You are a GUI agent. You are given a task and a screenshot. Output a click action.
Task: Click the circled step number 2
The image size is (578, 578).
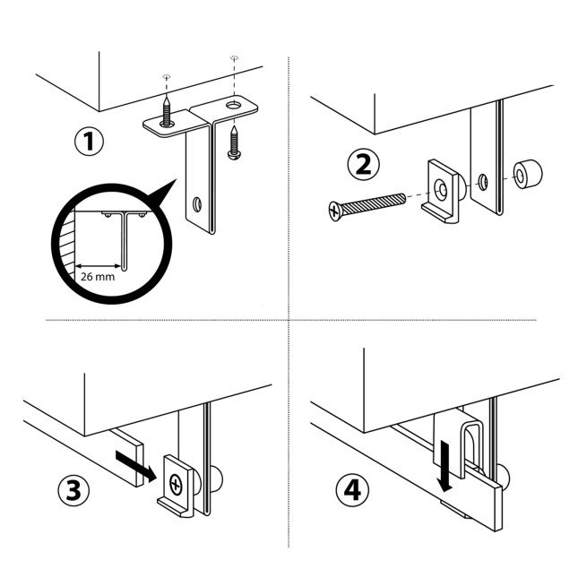[x=363, y=164]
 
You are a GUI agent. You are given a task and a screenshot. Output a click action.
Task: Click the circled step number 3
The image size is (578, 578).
[x=73, y=490]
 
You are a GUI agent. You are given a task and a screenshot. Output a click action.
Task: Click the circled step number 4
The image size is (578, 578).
[x=353, y=490]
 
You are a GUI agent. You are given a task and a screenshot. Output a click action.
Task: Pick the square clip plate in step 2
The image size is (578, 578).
[x=441, y=190]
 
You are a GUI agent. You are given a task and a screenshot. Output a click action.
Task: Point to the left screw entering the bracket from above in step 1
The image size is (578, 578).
[x=167, y=111]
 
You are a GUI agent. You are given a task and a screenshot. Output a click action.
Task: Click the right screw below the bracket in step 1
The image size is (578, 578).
[x=234, y=144]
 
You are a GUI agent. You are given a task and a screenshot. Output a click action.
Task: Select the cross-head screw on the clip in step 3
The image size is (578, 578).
[x=175, y=485]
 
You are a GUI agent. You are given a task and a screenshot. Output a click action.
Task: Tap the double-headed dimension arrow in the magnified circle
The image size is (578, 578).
[x=98, y=265]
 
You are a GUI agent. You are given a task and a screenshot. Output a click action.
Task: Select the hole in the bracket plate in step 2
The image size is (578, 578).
[x=484, y=182]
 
